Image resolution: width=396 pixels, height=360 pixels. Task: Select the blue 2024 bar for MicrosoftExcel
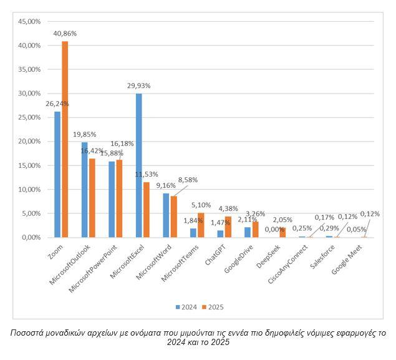(x=138, y=165)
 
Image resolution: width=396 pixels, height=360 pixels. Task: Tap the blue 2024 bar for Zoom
(x=57, y=174)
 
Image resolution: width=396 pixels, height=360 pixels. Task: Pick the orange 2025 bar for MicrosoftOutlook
(x=92, y=198)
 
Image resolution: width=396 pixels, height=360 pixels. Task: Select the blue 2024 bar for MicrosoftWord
(x=166, y=215)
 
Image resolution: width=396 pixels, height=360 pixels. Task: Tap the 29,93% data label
(x=138, y=85)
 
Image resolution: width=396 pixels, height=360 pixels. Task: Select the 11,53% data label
(x=147, y=174)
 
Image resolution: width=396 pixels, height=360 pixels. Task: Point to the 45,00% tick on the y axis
(x=29, y=22)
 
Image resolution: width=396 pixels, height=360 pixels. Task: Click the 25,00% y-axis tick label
(x=29, y=117)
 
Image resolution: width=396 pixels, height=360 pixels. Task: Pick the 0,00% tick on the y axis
(x=30, y=238)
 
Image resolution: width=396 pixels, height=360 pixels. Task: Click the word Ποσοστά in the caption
(x=29, y=333)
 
